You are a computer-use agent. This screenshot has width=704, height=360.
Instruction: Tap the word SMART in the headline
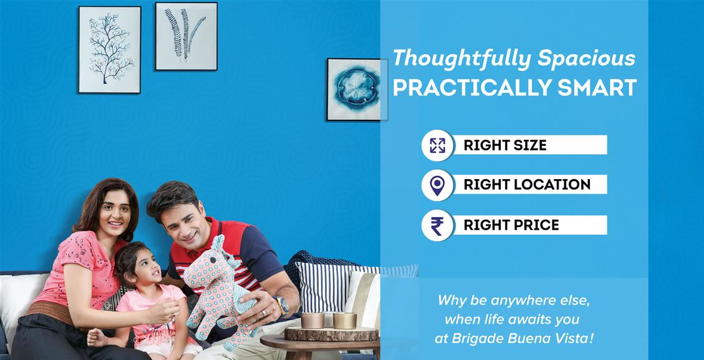pos(597,87)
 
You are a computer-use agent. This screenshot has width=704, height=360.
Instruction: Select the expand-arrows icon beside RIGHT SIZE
pos(437,145)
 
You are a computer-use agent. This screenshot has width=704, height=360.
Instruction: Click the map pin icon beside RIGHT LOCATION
pos(437,185)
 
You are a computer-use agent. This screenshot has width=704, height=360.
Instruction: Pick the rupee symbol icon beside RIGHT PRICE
pos(437,226)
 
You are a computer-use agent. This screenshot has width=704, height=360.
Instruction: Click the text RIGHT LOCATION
pos(527,185)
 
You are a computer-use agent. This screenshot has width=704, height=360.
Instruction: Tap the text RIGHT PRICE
pos(511,225)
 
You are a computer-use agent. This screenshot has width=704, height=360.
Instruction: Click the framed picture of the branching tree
pos(110,49)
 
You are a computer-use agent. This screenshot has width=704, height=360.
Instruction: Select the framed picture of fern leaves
pos(186,36)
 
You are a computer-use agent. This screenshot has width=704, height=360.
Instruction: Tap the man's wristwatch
pos(283,306)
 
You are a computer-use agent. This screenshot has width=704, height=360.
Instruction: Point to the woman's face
pos(115,213)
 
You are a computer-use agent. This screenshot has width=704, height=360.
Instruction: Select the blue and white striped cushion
pos(330,288)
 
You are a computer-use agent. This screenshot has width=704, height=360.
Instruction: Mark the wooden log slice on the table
pos(332,333)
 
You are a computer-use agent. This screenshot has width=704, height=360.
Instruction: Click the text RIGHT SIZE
pos(505,145)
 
